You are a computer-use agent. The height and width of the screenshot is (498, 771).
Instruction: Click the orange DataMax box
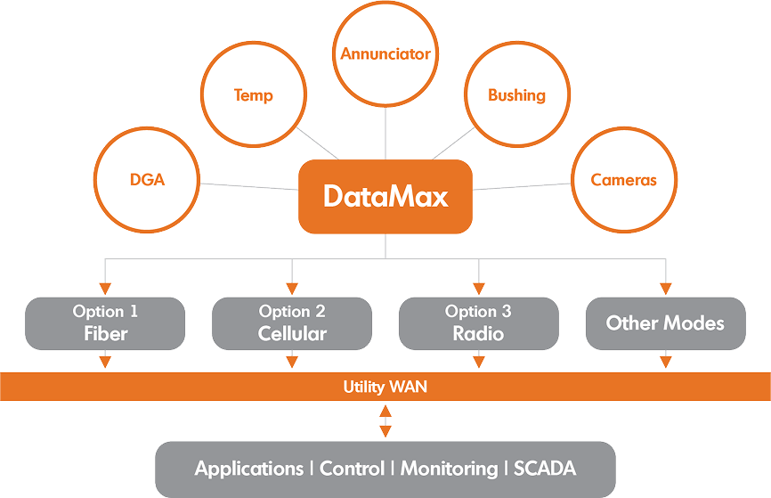385,197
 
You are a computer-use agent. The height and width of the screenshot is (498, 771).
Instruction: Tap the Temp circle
253,94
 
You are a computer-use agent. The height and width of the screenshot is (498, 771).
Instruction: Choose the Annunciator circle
385,53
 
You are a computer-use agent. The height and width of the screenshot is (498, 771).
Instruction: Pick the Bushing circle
516,94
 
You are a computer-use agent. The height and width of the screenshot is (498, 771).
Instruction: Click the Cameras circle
623,179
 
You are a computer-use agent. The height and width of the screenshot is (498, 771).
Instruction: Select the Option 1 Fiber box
105,322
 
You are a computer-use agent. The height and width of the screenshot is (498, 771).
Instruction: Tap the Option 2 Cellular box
292,322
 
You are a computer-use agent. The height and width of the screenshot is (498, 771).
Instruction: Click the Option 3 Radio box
479,322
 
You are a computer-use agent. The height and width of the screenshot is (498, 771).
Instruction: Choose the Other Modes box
665,322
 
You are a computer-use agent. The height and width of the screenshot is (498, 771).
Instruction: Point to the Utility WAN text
385,388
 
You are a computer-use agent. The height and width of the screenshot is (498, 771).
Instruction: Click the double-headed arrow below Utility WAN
385,420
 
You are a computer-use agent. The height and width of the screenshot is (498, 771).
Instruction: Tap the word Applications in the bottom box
249,469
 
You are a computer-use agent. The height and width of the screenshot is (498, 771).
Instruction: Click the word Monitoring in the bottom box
449,469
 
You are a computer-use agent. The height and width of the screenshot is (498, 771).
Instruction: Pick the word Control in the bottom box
352,469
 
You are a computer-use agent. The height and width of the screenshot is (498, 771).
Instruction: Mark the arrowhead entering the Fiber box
105,289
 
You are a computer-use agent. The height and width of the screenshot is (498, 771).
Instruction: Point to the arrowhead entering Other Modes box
665,289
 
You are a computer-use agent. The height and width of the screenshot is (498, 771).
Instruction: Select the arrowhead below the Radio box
479,361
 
